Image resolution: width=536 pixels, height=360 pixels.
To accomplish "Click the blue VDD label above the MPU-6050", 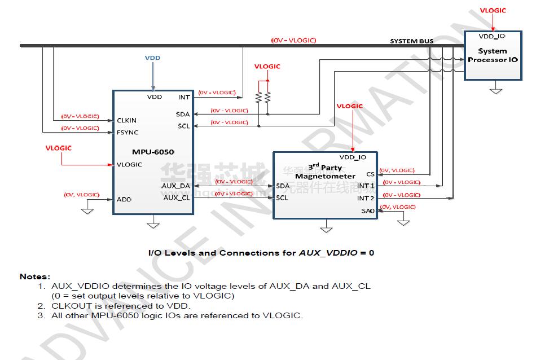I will coord(152,58).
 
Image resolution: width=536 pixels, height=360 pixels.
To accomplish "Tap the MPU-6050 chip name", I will coord(153,152).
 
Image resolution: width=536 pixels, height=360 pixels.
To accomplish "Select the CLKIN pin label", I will coord(126,120).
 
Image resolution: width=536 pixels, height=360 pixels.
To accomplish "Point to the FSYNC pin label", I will coord(127,133).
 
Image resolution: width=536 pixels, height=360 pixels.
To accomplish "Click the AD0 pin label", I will coord(124,199).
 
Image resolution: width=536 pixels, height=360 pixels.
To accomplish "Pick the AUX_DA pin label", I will coord(176,186).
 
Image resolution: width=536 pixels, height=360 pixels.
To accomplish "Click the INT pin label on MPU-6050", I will coord(184,97).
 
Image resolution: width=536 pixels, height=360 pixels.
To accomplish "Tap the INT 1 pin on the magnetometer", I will coord(366,186).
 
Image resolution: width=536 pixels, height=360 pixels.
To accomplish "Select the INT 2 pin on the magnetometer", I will coord(366,198).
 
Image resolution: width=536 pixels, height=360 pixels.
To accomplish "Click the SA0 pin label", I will coord(368,211).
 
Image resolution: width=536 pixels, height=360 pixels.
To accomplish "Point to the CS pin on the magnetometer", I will coord(370,174).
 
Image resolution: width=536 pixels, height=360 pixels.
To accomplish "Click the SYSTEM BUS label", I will coord(412,41).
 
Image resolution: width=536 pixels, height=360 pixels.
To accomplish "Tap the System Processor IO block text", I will coord(493,55).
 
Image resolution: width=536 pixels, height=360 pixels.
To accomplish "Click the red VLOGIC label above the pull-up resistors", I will coord(267,67).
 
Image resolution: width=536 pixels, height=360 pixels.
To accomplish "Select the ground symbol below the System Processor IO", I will coord(495,89).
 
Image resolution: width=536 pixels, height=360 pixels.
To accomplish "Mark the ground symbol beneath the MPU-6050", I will coord(153,225).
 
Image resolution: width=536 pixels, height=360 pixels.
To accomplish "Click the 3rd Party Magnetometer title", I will coord(324,172).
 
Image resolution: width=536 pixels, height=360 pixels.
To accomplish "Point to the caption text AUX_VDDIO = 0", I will coord(336,253).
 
